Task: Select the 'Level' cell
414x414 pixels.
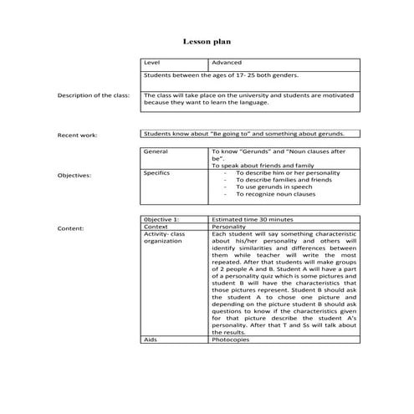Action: pos(152,63)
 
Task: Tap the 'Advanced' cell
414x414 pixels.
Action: pos(227,63)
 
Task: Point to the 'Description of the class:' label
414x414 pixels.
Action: pos(93,95)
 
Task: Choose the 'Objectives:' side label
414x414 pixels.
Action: pos(74,176)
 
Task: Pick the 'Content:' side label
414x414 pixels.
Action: pos(69,227)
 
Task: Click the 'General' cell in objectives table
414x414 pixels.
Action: pos(156,151)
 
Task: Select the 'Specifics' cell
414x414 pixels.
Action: pos(157,171)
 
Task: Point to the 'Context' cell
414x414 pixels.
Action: pos(156,226)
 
